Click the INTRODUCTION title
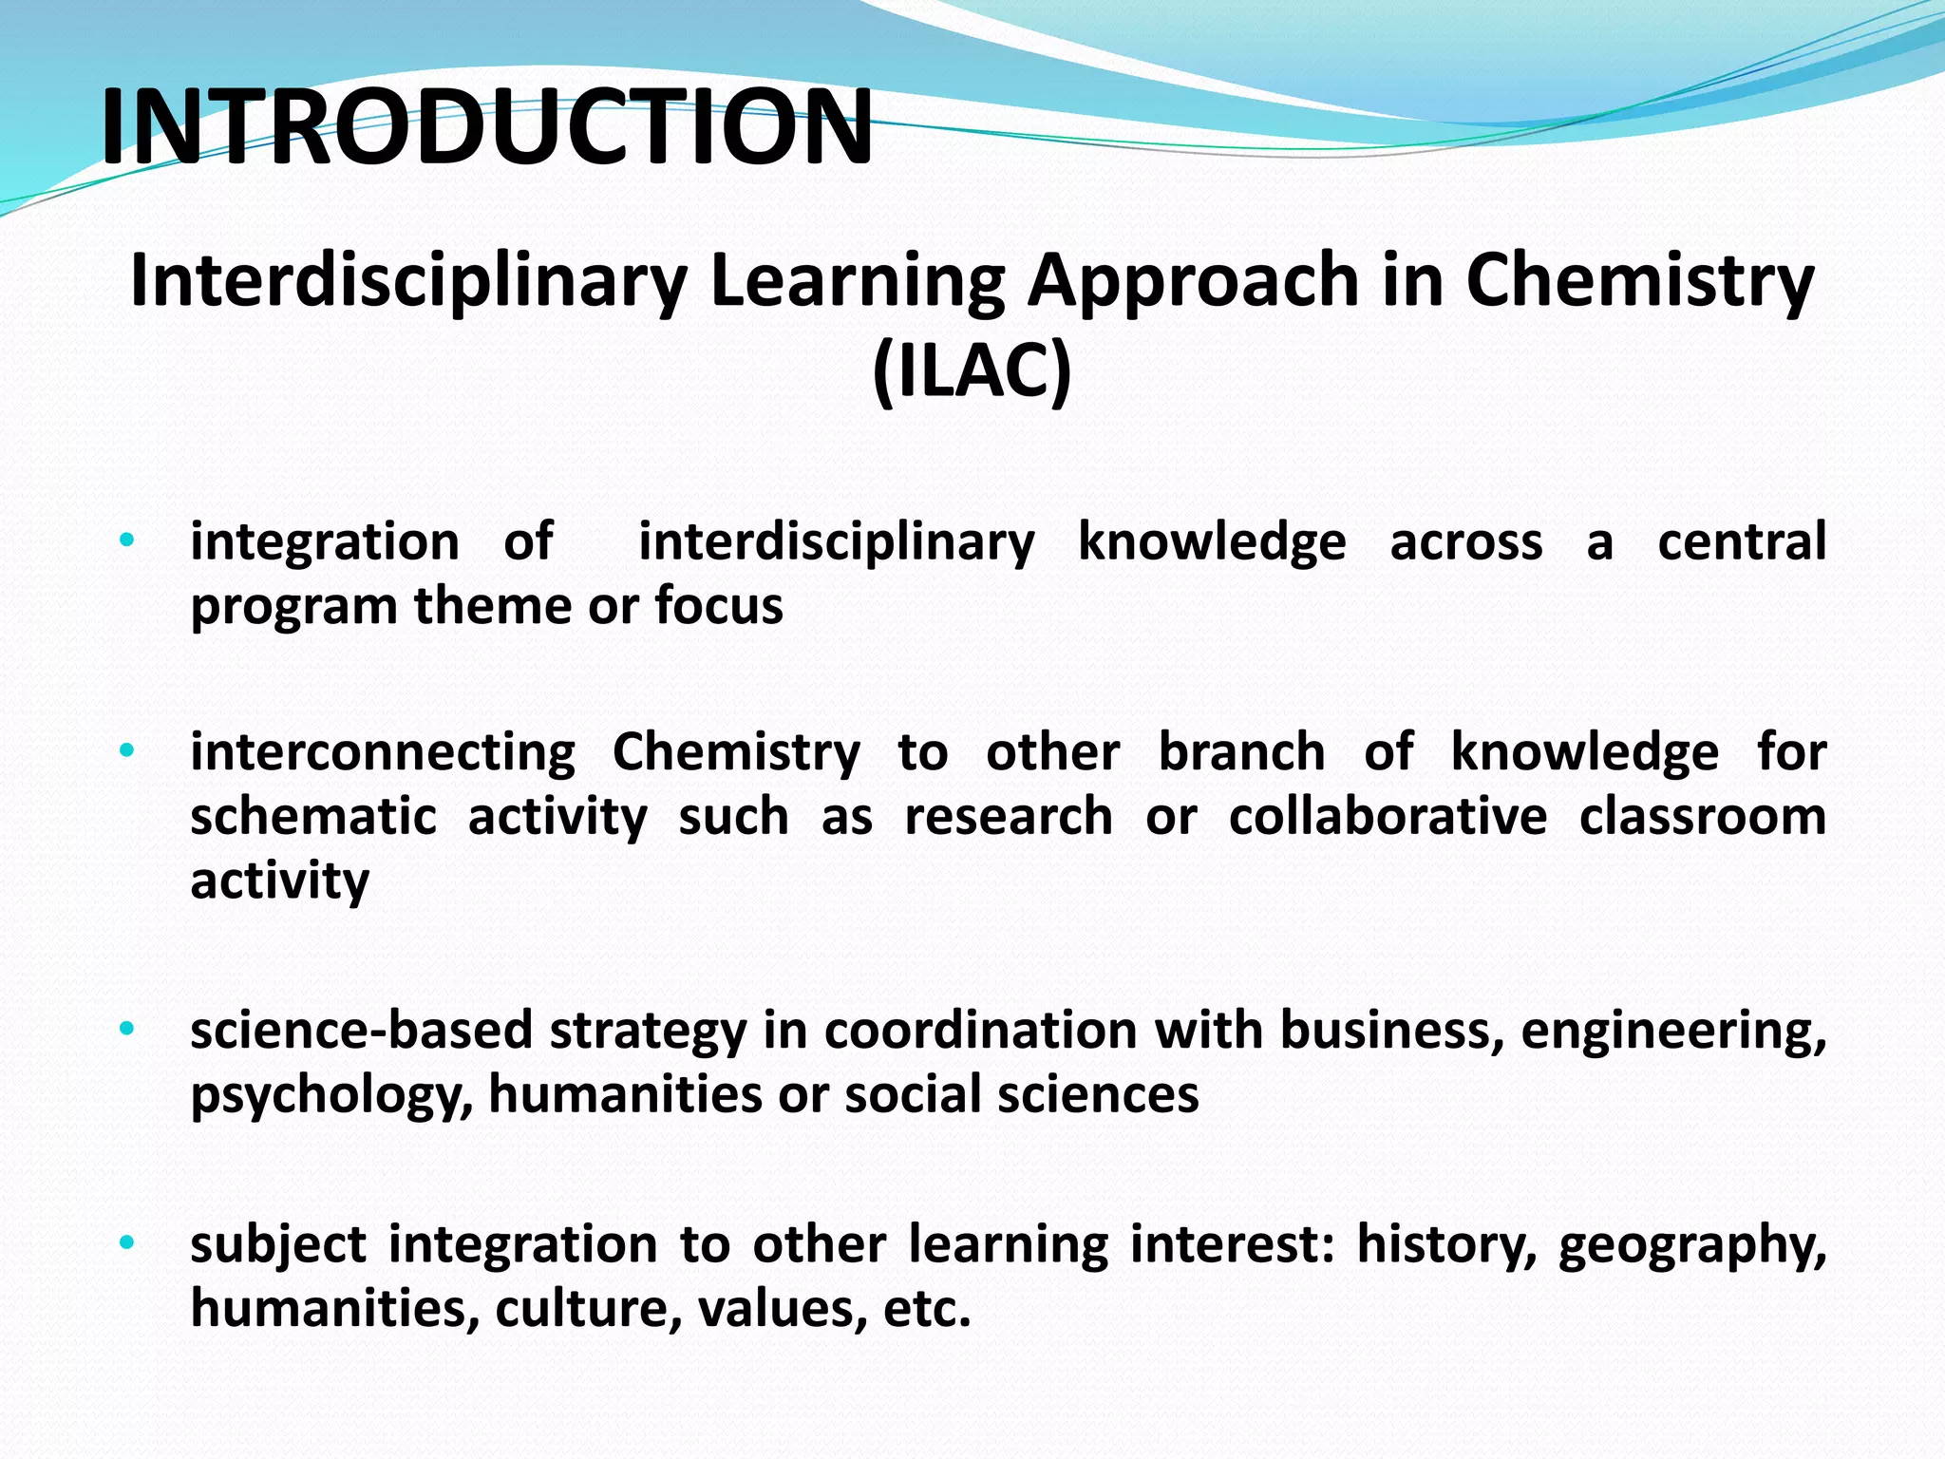pyautogui.click(x=486, y=127)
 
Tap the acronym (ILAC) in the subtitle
pyautogui.click(x=972, y=370)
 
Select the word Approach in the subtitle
pyautogui.click(x=1195, y=280)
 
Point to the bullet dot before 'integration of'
pyautogui.click(x=126, y=541)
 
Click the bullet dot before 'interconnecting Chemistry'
pyautogui.click(x=126, y=752)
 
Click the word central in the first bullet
pyautogui.click(x=1742, y=542)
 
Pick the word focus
pyautogui.click(x=719, y=606)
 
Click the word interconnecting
pyautogui.click(x=383, y=753)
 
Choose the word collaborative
pyautogui.click(x=1388, y=817)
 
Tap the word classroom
pyautogui.click(x=1703, y=817)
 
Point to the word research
pyautogui.click(x=1008, y=817)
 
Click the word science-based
pyautogui.click(x=361, y=1032)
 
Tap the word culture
pyautogui.click(x=589, y=1310)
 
